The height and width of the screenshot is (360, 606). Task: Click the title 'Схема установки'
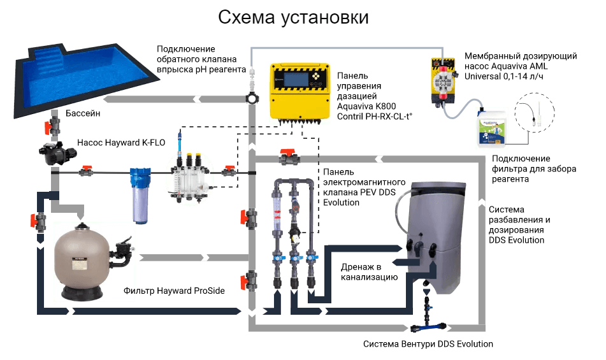[293, 17]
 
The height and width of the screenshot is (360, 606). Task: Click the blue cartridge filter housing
[140, 196]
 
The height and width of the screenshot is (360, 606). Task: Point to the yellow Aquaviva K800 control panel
[300, 92]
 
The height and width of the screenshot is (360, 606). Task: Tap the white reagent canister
[491, 128]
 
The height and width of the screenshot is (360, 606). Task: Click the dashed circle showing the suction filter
[535, 113]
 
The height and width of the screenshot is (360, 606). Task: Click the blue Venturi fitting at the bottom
[428, 327]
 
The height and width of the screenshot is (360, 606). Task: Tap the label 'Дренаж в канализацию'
[369, 272]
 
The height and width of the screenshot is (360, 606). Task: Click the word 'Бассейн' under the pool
[83, 113]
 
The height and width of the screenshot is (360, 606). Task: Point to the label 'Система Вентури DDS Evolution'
[428, 344]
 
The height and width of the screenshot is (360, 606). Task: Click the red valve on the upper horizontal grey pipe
[289, 157]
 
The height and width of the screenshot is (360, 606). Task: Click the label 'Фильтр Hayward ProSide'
[174, 291]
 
